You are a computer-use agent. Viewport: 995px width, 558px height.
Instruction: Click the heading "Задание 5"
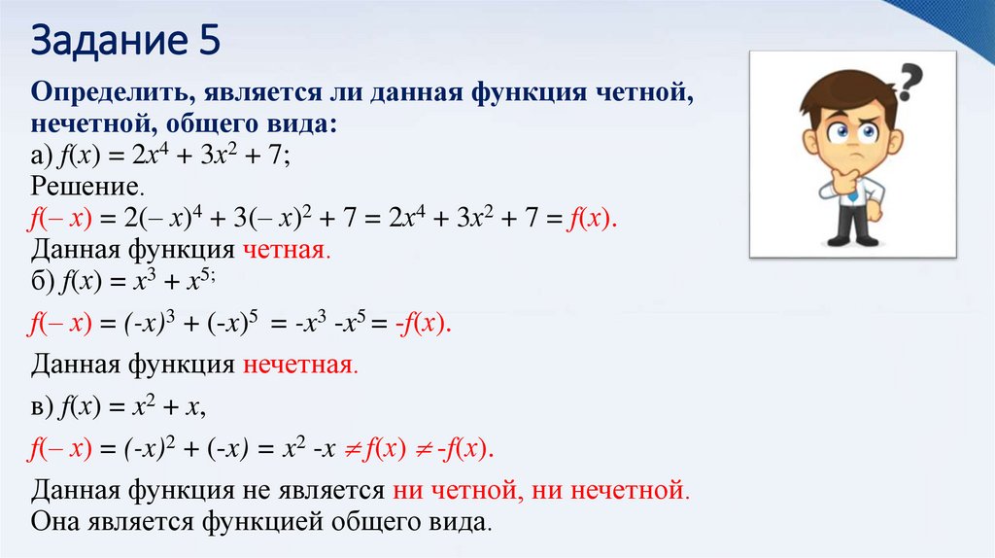[x=126, y=42]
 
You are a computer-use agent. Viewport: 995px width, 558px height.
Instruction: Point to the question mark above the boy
[x=910, y=83]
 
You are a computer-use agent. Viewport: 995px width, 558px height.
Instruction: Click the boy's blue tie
[x=852, y=193]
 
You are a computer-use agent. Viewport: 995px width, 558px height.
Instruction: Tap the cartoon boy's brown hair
[x=842, y=97]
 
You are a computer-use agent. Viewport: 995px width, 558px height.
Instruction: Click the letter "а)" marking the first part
[x=41, y=157]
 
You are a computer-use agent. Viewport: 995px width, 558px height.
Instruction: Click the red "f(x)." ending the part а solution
[x=592, y=218]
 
